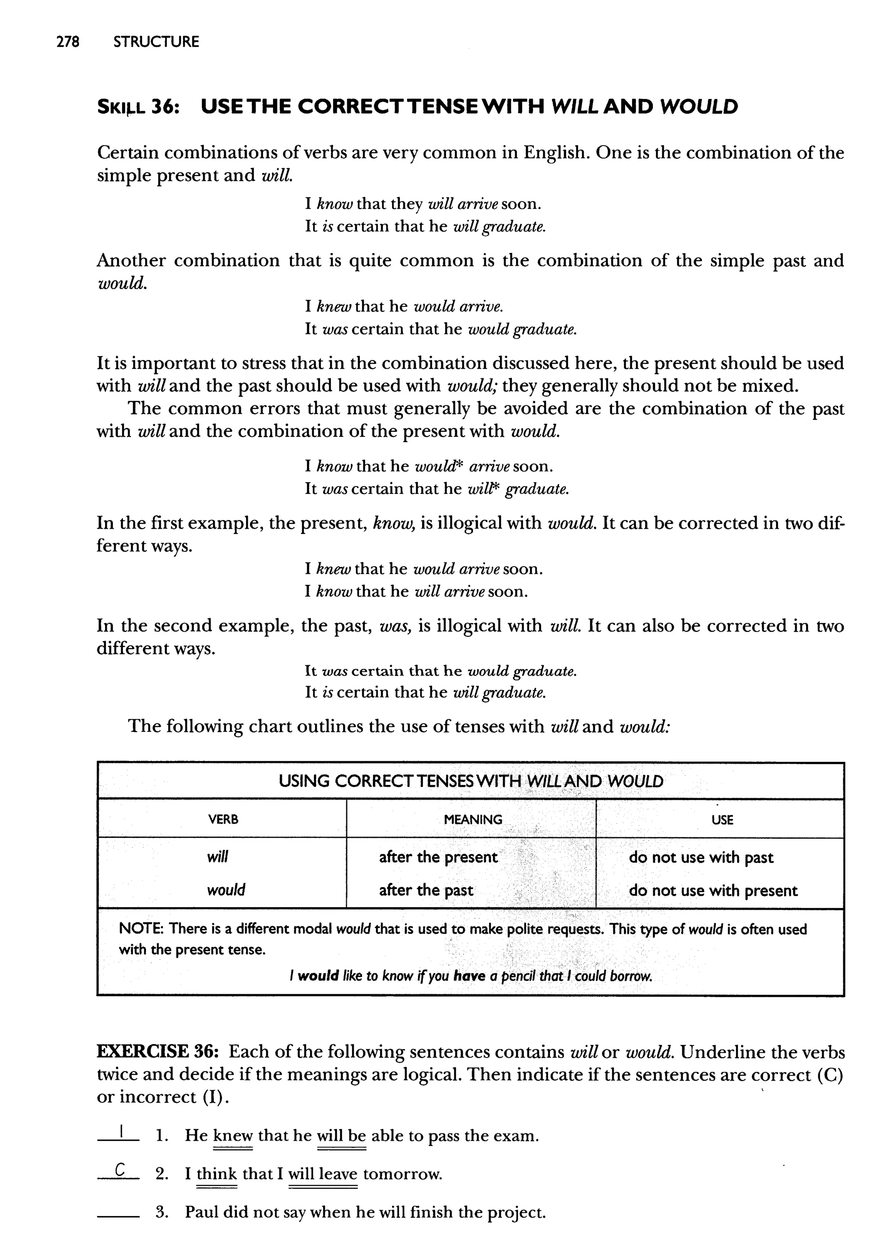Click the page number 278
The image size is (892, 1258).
pos(68,42)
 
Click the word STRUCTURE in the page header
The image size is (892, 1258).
pos(156,42)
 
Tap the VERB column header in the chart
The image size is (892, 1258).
pos(223,819)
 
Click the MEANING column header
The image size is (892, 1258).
pos(473,819)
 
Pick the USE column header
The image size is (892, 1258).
pos(722,820)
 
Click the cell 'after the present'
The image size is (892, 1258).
pos(438,857)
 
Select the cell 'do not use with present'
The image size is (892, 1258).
pos(713,891)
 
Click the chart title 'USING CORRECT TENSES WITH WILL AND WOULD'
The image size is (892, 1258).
pos(471,781)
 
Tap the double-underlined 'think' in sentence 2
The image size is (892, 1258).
pos(216,1174)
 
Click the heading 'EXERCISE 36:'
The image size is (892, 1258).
pos(158,1052)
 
